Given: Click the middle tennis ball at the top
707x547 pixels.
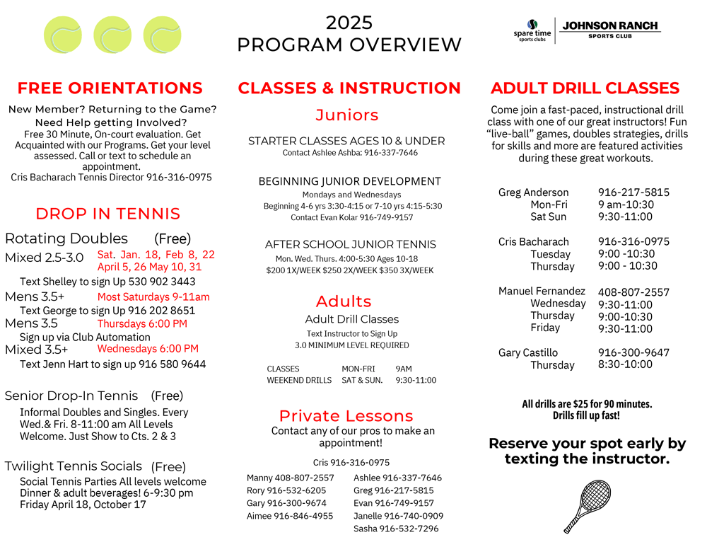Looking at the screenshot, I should (x=112, y=36).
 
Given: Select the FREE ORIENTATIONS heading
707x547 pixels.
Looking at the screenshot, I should (x=110, y=88).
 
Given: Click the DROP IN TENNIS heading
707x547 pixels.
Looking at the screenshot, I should (x=108, y=214).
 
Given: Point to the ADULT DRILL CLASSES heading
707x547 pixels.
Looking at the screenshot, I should (x=585, y=88).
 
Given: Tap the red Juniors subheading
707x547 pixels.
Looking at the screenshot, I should (x=347, y=115).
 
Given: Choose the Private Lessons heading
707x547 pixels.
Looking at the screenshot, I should (x=346, y=416).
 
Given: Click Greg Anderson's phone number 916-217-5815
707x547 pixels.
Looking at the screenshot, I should (x=633, y=192).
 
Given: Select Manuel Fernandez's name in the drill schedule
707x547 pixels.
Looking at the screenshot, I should (x=542, y=291).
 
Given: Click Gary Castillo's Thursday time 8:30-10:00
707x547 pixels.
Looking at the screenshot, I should (x=625, y=364).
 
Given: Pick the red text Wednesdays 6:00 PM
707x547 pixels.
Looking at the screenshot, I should (x=148, y=348).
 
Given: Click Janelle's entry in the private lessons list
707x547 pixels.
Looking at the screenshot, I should (x=398, y=516).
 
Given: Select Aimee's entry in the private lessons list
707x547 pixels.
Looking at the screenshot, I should (x=290, y=516).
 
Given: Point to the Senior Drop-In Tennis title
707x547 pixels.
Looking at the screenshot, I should (x=71, y=396).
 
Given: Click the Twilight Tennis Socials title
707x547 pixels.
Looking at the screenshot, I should (x=74, y=466).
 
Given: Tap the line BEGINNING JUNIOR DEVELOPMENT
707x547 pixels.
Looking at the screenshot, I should (x=349, y=181).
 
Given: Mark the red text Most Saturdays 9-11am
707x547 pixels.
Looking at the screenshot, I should (x=153, y=297).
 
